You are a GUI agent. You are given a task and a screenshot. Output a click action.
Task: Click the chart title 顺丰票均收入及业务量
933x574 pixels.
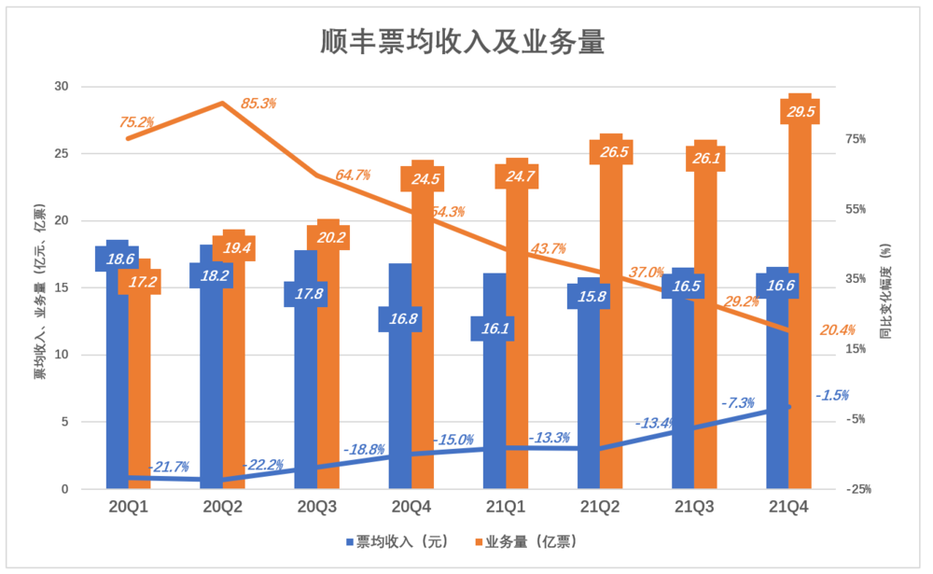(x=463, y=42)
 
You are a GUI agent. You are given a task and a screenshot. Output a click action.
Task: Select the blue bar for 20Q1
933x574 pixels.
(x=117, y=373)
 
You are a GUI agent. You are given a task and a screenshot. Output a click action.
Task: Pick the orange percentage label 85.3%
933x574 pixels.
(x=258, y=104)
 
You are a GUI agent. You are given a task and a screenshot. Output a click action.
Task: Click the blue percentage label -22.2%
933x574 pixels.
(x=263, y=465)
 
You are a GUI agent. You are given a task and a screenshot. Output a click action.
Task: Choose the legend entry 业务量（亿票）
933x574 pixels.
(x=529, y=541)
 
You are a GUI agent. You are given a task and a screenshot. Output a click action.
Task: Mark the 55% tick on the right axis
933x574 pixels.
(x=857, y=209)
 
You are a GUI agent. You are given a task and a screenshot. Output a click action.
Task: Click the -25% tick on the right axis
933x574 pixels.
(x=857, y=489)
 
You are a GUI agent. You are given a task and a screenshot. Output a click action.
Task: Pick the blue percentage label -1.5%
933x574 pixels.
(x=831, y=396)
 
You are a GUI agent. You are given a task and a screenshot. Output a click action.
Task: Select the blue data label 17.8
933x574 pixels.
(x=306, y=294)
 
